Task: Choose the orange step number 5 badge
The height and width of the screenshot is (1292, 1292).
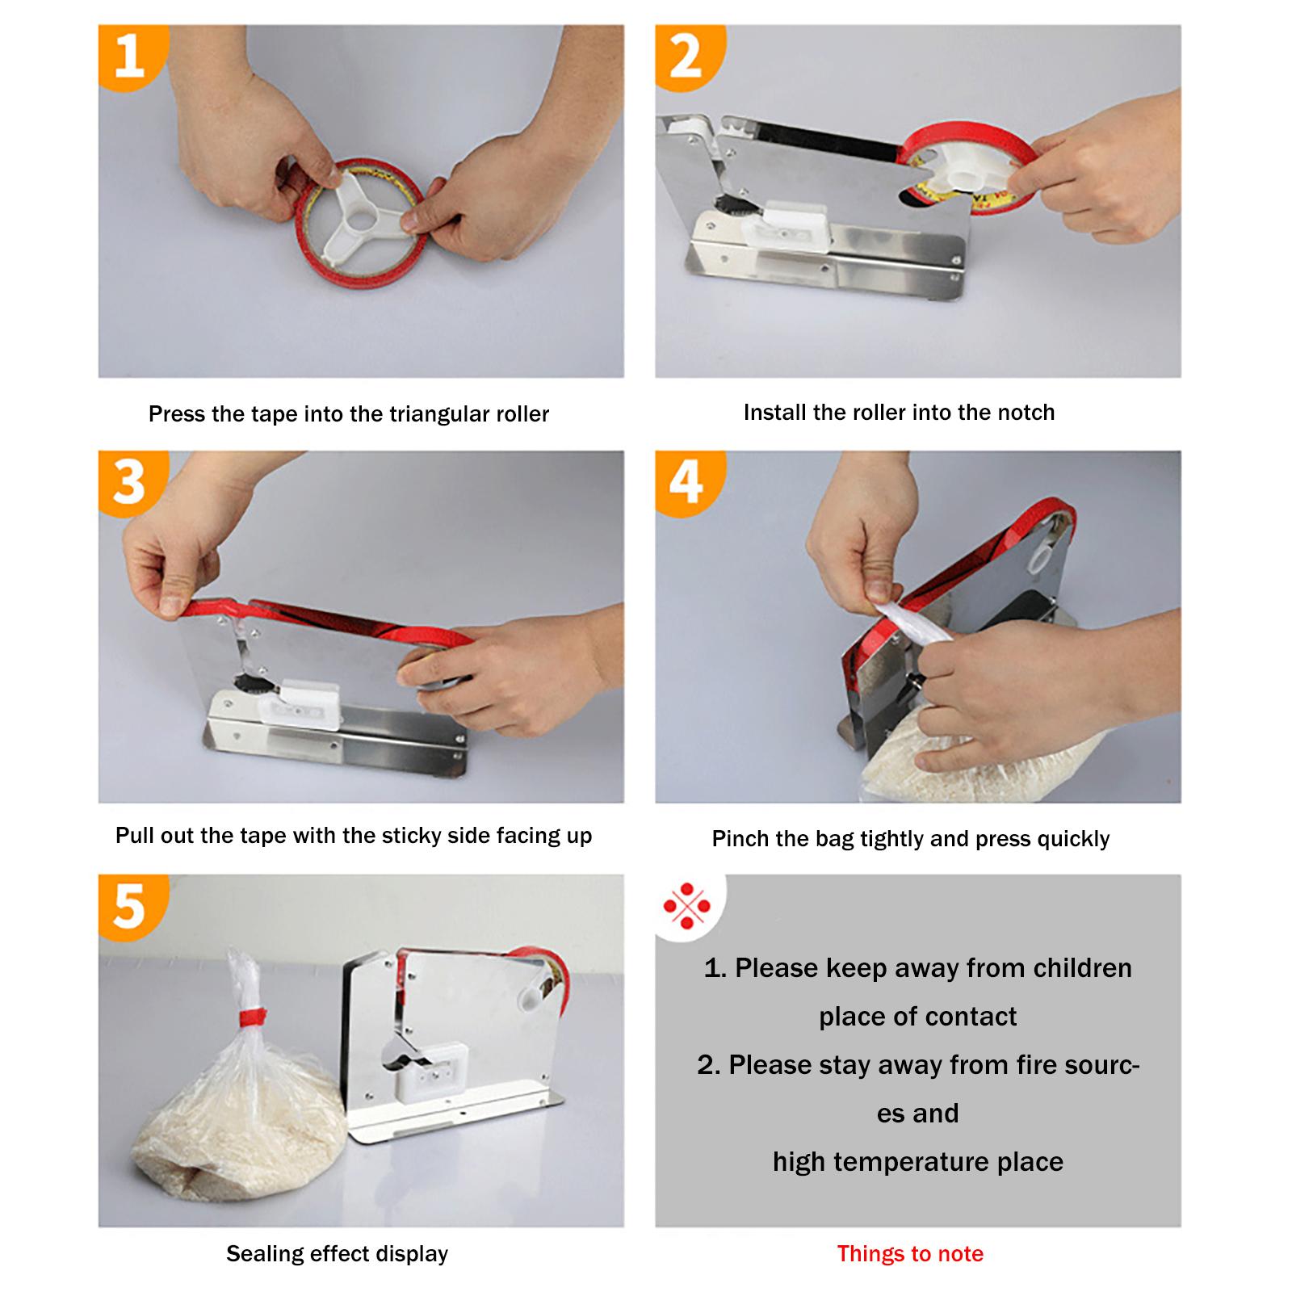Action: coord(129,907)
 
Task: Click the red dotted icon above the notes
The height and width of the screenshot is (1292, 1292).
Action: coord(686,906)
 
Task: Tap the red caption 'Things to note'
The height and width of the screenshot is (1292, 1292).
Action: coord(910,1253)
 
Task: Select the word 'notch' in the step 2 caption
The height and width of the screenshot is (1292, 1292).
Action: coord(1026,412)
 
